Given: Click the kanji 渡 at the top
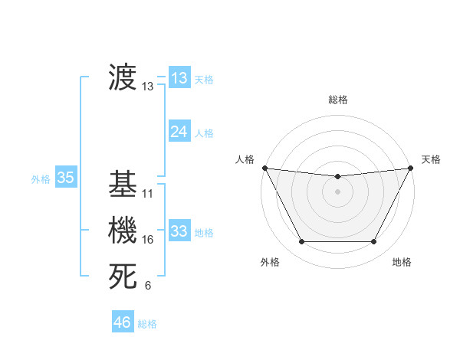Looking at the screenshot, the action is [x=123, y=77].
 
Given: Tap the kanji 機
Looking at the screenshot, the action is [x=123, y=231].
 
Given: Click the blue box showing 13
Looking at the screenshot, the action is [x=179, y=77].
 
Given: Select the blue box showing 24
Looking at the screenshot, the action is [x=179, y=132].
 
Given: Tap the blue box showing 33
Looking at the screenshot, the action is [x=179, y=231].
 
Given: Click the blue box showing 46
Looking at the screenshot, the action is [x=122, y=322].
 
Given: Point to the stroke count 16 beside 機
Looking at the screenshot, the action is [x=148, y=240].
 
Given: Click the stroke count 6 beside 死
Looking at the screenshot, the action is [x=148, y=286].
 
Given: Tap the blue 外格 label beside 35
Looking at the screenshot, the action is [x=41, y=179].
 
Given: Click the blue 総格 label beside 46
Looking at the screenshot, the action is [x=147, y=323].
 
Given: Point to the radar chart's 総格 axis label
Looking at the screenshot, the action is [x=337, y=100].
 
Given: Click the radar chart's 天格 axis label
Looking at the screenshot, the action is [x=431, y=159].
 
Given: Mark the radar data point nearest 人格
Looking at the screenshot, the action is [x=264, y=168].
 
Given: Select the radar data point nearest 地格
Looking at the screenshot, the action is [x=374, y=242].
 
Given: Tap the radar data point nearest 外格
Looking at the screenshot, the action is [x=301, y=242].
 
